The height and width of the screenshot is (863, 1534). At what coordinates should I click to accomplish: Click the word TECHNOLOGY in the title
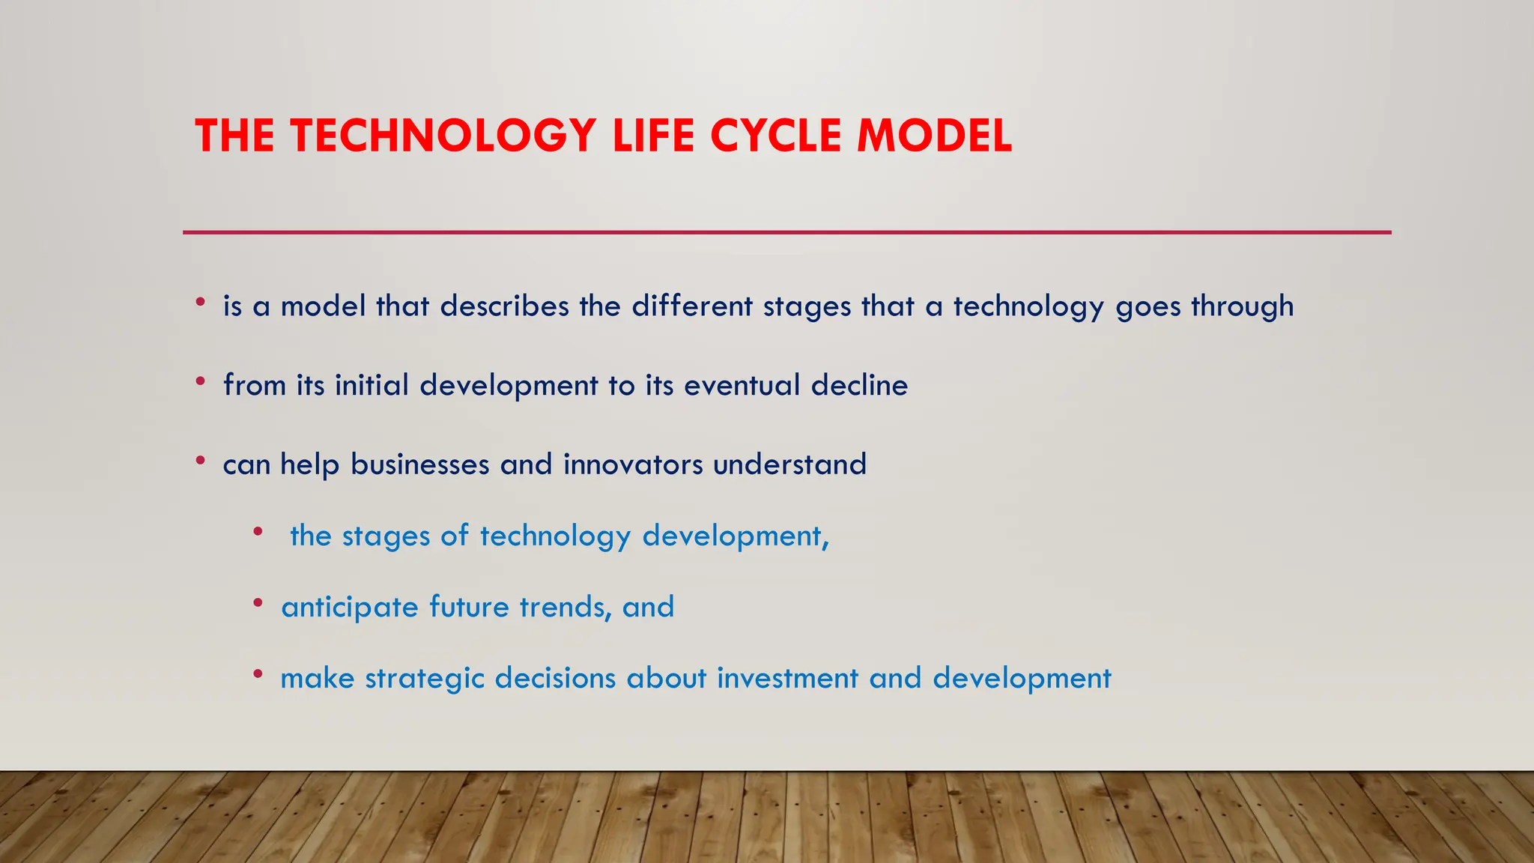click(x=443, y=136)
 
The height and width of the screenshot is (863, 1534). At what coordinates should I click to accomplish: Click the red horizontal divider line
click(x=786, y=232)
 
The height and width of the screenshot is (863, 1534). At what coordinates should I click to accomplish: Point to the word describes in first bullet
click(x=504, y=306)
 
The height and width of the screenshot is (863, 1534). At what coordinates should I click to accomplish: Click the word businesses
click(x=419, y=464)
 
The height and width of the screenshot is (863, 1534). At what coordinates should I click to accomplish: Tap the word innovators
click(x=633, y=464)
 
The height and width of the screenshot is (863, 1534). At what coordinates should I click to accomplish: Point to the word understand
click(x=789, y=464)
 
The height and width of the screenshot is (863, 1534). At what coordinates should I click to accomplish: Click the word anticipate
click(x=350, y=607)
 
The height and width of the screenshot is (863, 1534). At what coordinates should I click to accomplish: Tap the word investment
click(x=787, y=678)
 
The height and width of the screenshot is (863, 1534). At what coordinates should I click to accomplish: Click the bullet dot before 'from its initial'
click(x=200, y=381)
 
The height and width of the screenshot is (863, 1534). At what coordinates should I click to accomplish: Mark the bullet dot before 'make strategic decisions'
click(x=258, y=674)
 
